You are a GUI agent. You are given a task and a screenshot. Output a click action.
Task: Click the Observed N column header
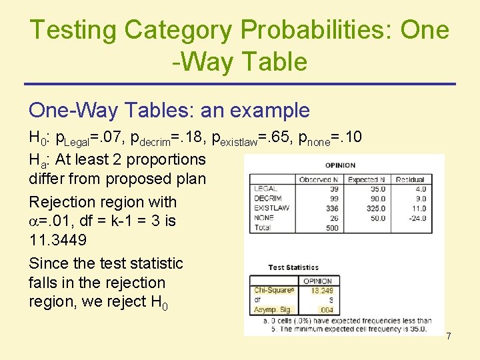(x=319, y=179)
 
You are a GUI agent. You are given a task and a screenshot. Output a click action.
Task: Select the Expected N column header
(x=367, y=179)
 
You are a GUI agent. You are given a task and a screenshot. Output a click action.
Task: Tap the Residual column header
(x=409, y=179)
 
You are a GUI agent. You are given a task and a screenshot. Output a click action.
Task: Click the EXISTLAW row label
(x=271, y=208)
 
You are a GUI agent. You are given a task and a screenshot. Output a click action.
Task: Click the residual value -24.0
(x=417, y=218)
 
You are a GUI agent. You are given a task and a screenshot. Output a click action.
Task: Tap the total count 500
(x=331, y=228)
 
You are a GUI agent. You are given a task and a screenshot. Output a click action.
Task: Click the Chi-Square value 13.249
(x=322, y=291)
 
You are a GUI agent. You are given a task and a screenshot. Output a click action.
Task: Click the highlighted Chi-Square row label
(x=274, y=291)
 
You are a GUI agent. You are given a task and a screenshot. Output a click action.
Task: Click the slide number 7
(x=449, y=337)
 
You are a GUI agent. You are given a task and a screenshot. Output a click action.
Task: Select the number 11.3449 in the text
(x=57, y=239)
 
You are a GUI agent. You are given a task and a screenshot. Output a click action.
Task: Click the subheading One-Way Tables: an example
(x=169, y=110)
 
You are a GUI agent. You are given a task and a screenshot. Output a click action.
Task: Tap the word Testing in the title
(x=73, y=29)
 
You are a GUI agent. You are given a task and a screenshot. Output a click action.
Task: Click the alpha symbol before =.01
(x=34, y=221)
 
